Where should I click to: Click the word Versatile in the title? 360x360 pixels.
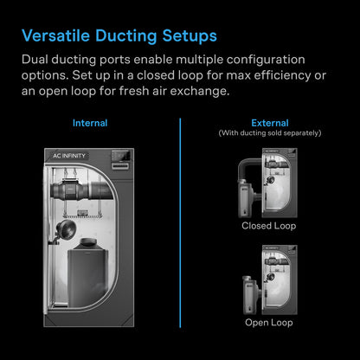point(53,36)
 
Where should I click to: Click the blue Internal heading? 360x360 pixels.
point(90,123)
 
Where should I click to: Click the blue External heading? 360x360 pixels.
point(268,123)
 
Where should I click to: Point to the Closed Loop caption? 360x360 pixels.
point(268,226)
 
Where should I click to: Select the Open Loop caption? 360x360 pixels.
point(268,322)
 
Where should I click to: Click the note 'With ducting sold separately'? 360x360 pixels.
point(268,133)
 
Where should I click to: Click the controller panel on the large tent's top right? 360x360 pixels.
point(121,161)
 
